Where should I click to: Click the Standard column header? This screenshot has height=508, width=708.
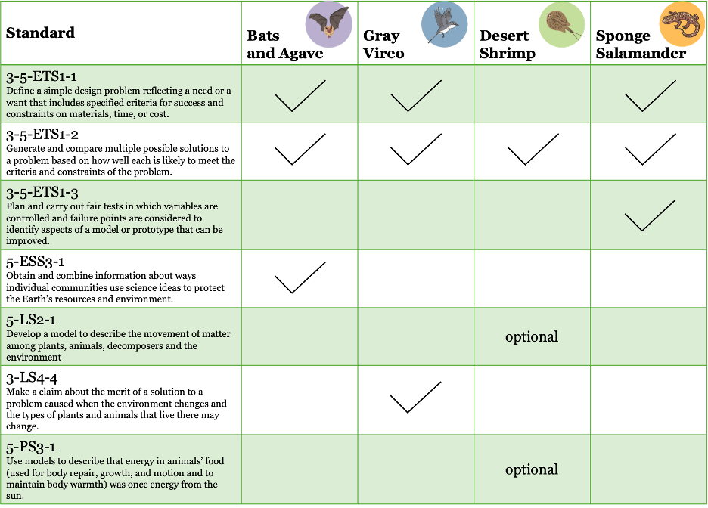40,33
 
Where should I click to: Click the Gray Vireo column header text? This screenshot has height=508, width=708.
383,44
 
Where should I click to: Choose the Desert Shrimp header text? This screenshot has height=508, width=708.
507,44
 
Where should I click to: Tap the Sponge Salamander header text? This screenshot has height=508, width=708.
641,44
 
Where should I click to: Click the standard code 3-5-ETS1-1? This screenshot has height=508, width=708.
42,76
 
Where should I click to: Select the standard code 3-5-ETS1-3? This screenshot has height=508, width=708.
42,193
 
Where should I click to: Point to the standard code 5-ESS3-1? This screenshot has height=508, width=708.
36,262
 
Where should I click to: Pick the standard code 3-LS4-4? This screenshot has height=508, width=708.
32,378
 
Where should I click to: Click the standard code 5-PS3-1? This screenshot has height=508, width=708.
31,447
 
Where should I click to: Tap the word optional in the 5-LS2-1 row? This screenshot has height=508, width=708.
532,336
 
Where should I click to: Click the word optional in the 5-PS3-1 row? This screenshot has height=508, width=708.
532,469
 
